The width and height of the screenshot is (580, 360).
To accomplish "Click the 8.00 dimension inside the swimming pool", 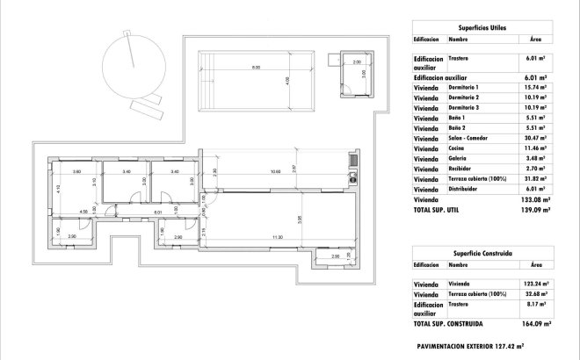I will point(256,68).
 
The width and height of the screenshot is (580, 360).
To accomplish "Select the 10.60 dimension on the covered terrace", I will point(275,171).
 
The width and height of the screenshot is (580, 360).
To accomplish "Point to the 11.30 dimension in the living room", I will point(278,237).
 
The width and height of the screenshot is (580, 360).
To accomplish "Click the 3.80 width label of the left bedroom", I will point(77,171).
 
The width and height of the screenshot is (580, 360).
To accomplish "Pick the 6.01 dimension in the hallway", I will point(157,212).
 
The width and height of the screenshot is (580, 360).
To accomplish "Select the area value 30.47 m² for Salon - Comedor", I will point(534,138).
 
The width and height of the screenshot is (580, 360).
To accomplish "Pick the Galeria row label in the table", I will point(458,158).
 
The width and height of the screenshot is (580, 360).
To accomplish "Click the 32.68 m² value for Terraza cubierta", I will point(534,294).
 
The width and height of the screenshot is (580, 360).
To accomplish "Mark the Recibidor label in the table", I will point(460,168).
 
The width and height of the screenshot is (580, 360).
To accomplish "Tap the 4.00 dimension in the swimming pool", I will point(287,82).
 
